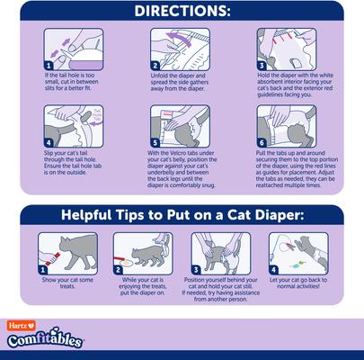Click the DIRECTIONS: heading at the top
pyautogui.click(x=182, y=13)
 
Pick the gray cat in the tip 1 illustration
pyautogui.click(x=65, y=249)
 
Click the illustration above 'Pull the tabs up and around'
pyautogui.click(x=289, y=126)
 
